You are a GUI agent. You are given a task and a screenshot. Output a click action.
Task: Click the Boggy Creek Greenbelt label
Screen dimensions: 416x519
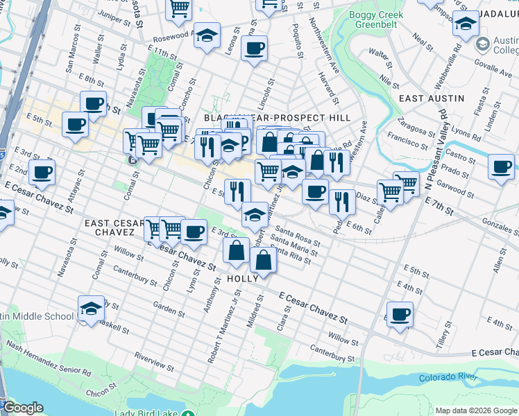(x=375, y=17)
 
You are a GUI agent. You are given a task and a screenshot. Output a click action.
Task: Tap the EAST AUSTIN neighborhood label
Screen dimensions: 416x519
(x=432, y=98)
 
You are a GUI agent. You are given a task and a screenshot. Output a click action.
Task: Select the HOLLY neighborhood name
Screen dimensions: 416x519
(x=243, y=278)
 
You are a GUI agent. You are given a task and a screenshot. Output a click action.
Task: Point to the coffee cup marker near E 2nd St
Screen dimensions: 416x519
(x=42, y=173)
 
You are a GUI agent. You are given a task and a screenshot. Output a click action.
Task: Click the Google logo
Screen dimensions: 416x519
(x=23, y=408)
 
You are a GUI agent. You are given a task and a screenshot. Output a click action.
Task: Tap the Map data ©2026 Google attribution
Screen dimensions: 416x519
(x=475, y=410)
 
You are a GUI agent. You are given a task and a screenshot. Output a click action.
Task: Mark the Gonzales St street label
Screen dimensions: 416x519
(x=502, y=227)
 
